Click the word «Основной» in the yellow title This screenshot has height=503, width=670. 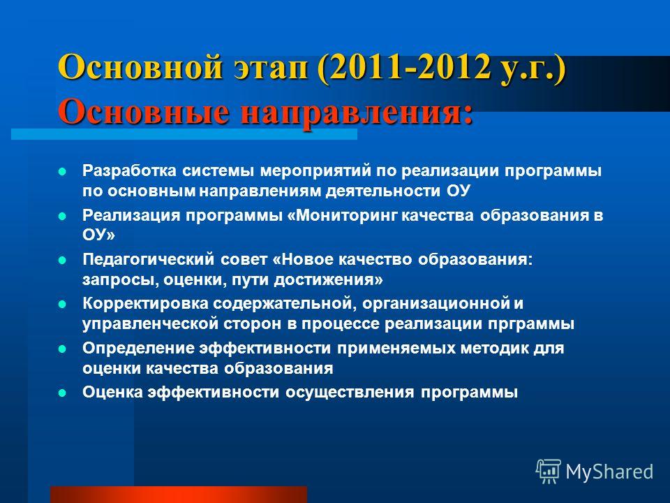coord(140,67)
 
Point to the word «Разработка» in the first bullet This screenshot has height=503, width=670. coord(129,170)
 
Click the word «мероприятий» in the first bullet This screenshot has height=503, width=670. coord(315,170)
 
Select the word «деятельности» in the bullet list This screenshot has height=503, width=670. coord(383,191)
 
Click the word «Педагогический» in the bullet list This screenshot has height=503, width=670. coord(148,259)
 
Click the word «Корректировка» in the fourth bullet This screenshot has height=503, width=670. coord(145,303)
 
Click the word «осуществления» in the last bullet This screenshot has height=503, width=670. coord(350,392)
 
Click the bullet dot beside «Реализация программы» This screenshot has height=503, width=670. coord(62,216)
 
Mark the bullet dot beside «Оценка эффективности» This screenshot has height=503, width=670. coord(62,393)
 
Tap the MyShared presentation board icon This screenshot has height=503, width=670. coord(549,472)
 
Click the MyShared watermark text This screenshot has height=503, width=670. coord(609,472)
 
